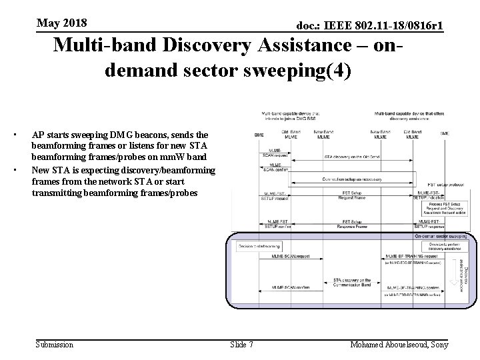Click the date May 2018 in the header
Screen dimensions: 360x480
point(62,24)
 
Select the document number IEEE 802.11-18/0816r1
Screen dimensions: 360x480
point(370,26)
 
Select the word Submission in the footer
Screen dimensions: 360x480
point(54,345)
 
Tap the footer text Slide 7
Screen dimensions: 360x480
point(241,345)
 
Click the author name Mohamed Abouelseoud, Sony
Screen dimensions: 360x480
point(399,345)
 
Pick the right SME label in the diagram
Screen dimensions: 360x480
point(444,133)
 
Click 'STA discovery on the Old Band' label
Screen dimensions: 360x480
point(351,157)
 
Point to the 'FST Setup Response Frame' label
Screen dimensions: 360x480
point(351,223)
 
